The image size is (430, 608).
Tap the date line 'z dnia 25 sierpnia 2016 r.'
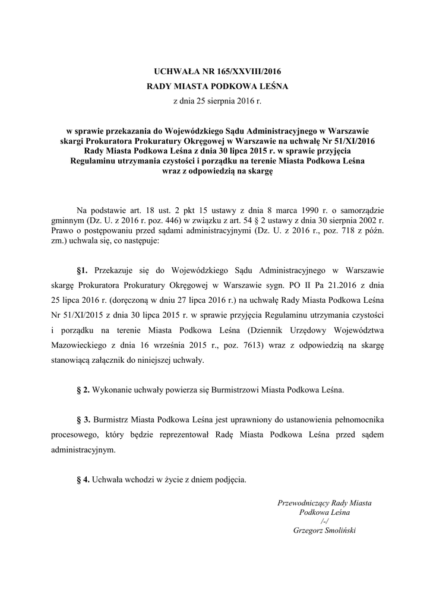pyautogui.click(x=217, y=102)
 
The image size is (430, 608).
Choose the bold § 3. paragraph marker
pyautogui.click(x=84, y=420)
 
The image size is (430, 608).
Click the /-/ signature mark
pyautogui.click(x=324, y=520)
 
